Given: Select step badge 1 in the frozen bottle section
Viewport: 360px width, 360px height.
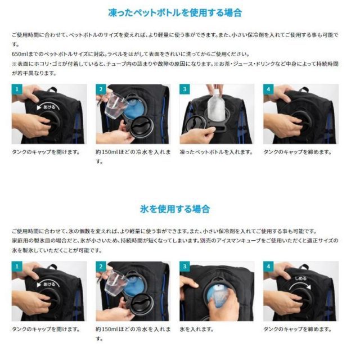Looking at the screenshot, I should point(17,89).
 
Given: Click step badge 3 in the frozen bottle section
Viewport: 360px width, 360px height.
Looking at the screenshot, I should point(184,89).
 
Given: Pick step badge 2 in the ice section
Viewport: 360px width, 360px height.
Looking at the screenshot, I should point(101,266).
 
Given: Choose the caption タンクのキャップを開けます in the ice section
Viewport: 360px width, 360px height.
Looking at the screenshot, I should point(45,328).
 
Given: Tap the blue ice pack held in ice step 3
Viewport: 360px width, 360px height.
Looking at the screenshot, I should point(218,295).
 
